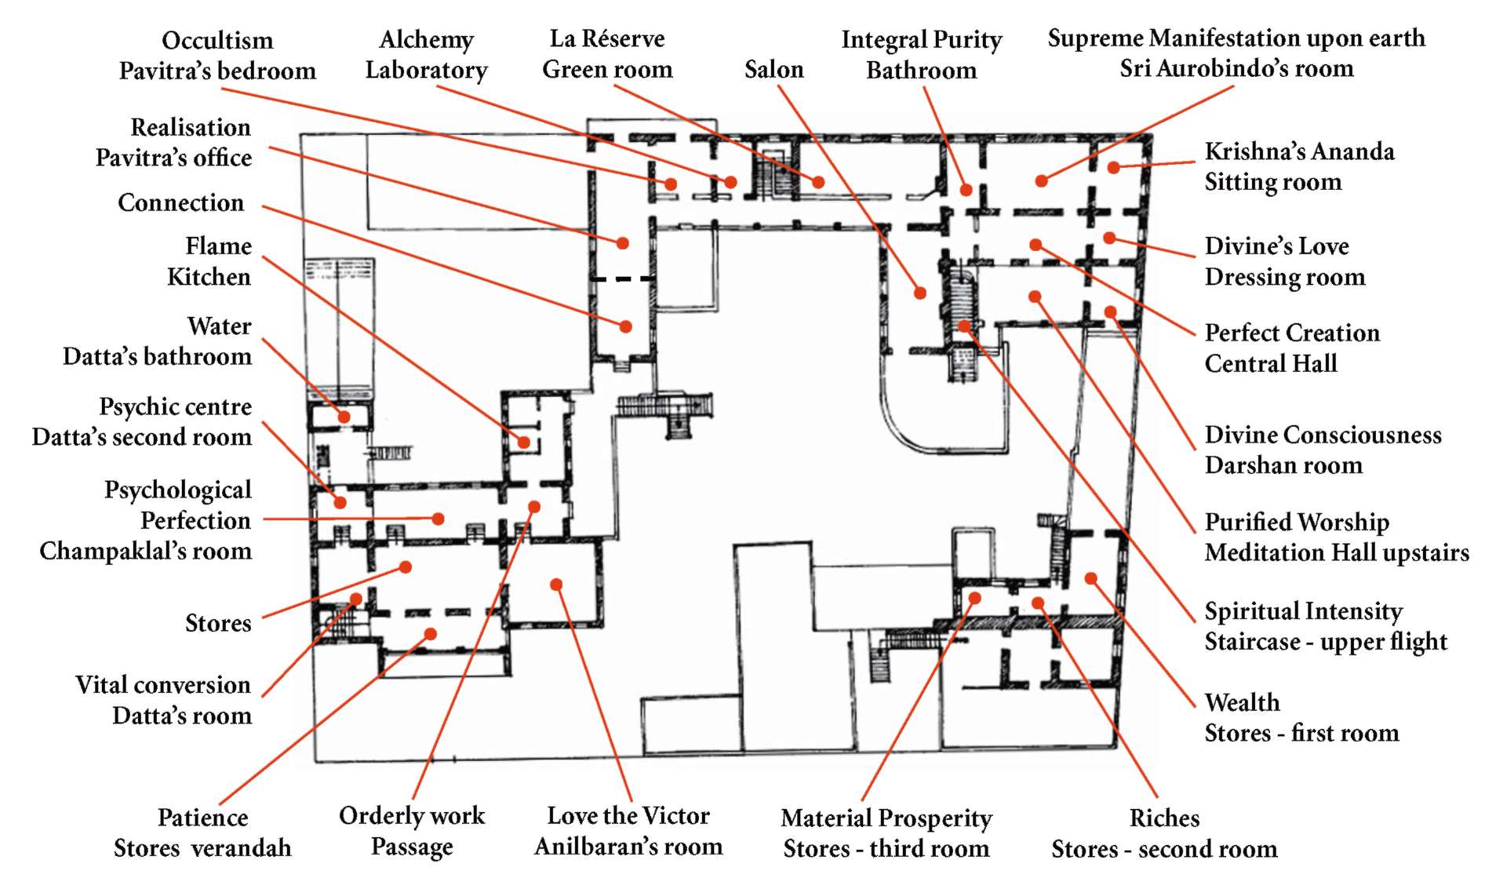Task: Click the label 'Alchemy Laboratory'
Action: (426, 55)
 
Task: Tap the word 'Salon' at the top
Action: (773, 70)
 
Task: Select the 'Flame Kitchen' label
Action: (209, 261)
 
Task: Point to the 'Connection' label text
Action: (180, 202)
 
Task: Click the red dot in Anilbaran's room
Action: (556, 585)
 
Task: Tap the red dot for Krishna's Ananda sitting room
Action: (1113, 167)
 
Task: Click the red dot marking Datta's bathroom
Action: (344, 417)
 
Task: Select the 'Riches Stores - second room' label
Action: (1164, 833)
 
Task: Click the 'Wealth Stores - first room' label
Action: (1301, 717)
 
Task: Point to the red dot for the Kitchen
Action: (523, 443)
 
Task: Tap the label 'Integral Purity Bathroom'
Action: (921, 55)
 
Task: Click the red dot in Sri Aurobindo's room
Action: (1041, 181)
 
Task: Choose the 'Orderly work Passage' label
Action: (412, 831)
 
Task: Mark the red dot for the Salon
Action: (920, 293)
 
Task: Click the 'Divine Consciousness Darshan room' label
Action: (1323, 450)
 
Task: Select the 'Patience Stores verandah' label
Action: (202, 833)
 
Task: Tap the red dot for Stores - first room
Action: (1090, 578)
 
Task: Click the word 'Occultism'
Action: (217, 40)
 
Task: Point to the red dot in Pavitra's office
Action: (623, 243)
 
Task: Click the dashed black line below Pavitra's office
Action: (622, 279)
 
